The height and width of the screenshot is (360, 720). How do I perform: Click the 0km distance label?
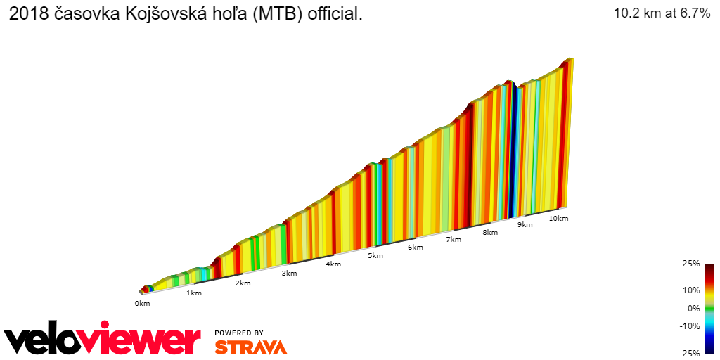[x=142, y=303]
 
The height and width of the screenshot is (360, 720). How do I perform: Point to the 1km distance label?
[x=194, y=292]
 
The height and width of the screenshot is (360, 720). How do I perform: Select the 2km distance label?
[x=243, y=283]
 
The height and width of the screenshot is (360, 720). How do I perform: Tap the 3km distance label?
[x=288, y=274]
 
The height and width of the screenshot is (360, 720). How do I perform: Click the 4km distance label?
[x=333, y=264]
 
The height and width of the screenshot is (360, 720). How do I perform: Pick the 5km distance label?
[x=375, y=255]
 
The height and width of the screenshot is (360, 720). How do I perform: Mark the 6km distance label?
[x=416, y=247]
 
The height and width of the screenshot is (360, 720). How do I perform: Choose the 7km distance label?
[x=454, y=239]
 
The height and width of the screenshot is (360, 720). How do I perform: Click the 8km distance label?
[x=490, y=232]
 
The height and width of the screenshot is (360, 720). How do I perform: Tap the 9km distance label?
[x=525, y=224]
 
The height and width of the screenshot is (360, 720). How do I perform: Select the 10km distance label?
[x=558, y=218]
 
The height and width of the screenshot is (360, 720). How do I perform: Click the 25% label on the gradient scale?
[x=691, y=264]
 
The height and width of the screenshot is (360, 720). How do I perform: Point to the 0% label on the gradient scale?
[x=693, y=308]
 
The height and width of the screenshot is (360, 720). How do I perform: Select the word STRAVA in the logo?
[x=250, y=347]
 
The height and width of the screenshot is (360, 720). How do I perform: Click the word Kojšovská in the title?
[x=161, y=13]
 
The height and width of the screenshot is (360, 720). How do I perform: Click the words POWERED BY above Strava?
[x=239, y=333]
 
